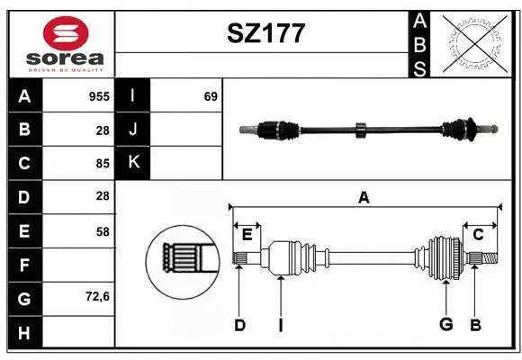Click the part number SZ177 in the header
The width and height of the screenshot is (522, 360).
point(264,34)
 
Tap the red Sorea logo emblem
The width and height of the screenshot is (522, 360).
point(65,33)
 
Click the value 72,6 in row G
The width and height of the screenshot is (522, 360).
point(97,296)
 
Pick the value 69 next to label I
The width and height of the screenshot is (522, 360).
point(211,95)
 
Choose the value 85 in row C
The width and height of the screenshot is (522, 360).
point(101,163)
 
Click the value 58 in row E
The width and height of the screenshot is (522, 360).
point(101,230)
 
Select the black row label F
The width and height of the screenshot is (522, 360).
point(24,265)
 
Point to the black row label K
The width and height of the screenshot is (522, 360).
point(133,163)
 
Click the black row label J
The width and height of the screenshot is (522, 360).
point(133,130)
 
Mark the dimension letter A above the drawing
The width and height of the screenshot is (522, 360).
point(364,197)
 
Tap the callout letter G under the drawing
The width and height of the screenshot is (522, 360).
point(445,325)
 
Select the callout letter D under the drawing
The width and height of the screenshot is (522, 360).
point(239,325)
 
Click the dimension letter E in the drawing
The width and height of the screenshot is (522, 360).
point(247,234)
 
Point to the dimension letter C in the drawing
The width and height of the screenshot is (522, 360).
point(479,234)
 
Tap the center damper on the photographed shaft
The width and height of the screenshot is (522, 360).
point(360,130)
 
